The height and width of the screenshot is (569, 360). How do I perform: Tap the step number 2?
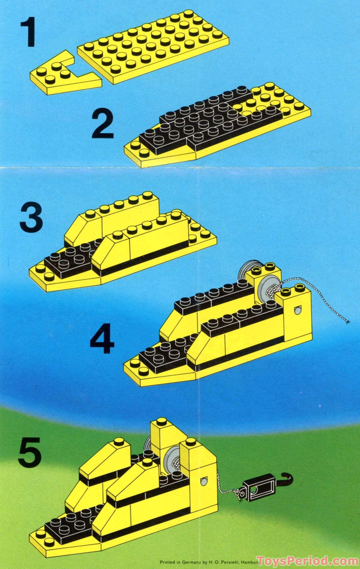pos(103,125)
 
